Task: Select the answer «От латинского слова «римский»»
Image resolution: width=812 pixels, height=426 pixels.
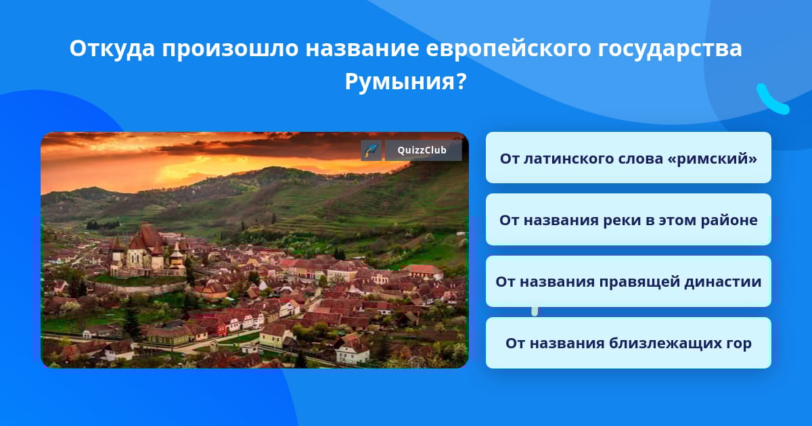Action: (628, 158)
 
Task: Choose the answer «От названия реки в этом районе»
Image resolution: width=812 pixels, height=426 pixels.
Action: (628, 220)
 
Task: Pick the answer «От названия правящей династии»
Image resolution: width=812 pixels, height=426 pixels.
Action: (628, 281)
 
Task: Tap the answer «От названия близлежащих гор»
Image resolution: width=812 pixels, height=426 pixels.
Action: (628, 343)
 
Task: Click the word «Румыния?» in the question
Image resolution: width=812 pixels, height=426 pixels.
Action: (405, 82)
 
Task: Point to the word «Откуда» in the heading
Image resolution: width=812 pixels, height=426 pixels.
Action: (112, 49)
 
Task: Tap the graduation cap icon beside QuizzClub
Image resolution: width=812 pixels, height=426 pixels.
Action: (371, 150)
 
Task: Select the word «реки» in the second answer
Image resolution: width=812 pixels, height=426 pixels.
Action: (622, 220)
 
